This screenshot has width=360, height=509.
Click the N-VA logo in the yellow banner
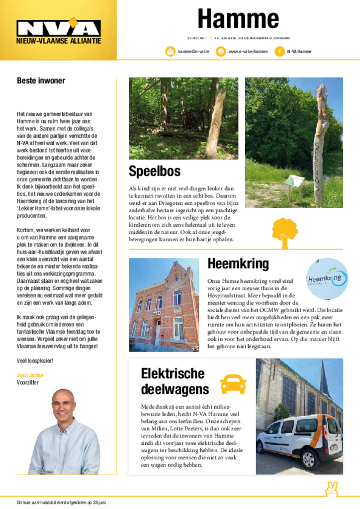pyautogui.click(x=58, y=28)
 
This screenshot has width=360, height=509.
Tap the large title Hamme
pyautogui.click(x=238, y=19)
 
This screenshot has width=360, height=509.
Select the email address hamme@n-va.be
pyautogui.click(x=193, y=51)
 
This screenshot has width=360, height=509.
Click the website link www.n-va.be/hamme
pyautogui.click(x=248, y=51)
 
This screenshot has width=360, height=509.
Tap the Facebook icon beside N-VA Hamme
pyautogui.click(x=279, y=51)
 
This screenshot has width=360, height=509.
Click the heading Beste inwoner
pyautogui.click(x=41, y=81)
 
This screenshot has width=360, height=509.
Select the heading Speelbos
pyautogui.click(x=155, y=171)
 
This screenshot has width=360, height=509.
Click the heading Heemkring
pyautogui.click(x=238, y=263)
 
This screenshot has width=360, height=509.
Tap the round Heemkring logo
pyautogui.click(x=327, y=278)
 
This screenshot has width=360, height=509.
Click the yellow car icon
pyautogui.click(x=233, y=384)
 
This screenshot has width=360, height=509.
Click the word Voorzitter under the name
pyautogui.click(x=28, y=383)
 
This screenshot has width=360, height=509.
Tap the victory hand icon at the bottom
pyautogui.click(x=332, y=489)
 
